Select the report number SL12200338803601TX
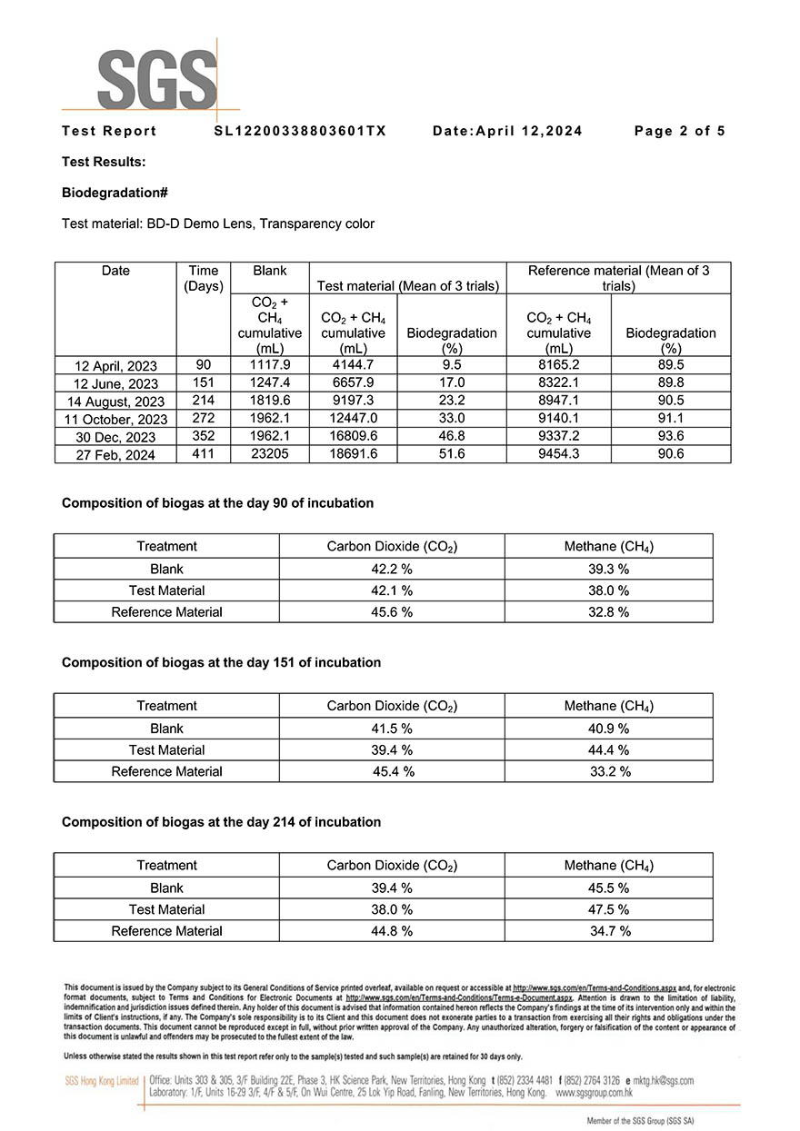coord(300,131)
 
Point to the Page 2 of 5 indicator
coord(679,131)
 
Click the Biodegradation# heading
coord(115,193)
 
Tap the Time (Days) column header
coord(204,278)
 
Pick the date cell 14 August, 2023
coord(115,402)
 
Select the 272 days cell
coord(204,419)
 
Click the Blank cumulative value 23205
coord(270,454)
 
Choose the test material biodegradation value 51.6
coord(452,454)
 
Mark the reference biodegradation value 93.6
coord(671,437)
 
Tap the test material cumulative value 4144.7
coord(353,366)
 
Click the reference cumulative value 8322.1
coord(559,383)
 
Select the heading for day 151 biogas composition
coord(221,662)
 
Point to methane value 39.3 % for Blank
coord(609,569)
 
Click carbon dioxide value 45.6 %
coord(392,612)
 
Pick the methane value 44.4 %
coord(609,750)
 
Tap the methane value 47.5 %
coord(609,909)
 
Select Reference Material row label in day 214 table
coord(166,931)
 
